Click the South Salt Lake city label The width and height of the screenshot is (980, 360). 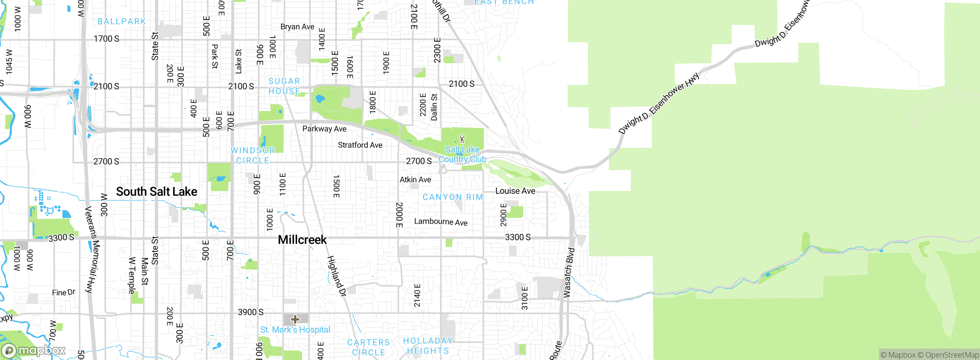click(157, 191)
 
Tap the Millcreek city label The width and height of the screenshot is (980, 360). click(302, 240)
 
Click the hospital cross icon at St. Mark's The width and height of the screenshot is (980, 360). click(295, 319)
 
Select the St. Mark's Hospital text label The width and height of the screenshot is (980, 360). click(295, 330)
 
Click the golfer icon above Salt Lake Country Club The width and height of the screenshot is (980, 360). click(462, 139)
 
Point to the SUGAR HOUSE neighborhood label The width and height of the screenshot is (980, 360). click(284, 86)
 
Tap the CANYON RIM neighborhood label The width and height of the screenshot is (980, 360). click(452, 197)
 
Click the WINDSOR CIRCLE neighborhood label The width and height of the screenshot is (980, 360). click(253, 155)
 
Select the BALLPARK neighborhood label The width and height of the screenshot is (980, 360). click(122, 21)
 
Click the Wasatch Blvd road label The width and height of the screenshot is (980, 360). click(569, 273)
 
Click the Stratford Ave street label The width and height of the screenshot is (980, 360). click(360, 145)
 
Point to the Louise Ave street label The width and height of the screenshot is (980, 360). click(515, 191)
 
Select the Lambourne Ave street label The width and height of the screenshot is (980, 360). click(441, 222)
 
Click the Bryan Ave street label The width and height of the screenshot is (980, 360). click(297, 27)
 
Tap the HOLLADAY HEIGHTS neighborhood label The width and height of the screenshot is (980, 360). click(428, 346)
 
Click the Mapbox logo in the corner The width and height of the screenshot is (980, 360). click(34, 350)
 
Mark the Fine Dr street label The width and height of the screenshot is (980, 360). click(64, 293)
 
